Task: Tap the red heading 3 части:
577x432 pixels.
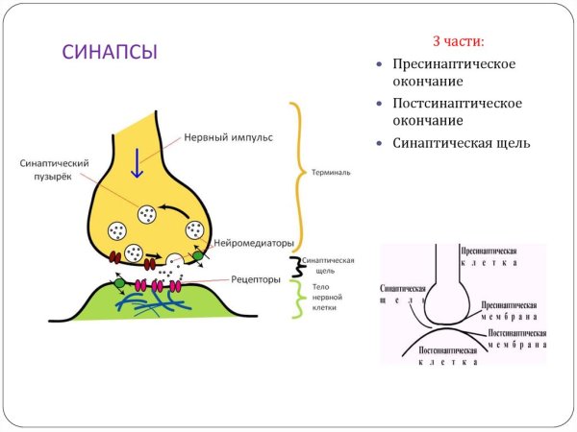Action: tap(457, 42)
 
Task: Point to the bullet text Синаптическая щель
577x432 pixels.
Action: tap(462, 143)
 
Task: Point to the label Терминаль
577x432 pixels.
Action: tap(330, 174)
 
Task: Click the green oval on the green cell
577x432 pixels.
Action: tap(119, 283)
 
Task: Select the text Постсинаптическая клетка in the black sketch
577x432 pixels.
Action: tap(449, 357)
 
